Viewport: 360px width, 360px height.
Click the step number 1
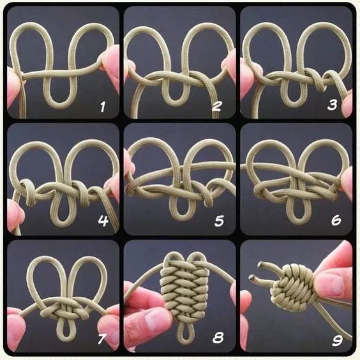(x=103, y=107)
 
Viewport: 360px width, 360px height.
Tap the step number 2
(x=217, y=106)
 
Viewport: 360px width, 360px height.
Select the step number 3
(x=332, y=105)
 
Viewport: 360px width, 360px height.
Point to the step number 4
(x=103, y=221)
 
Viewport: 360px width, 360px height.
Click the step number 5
(x=219, y=221)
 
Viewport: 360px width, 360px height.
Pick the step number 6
(x=336, y=220)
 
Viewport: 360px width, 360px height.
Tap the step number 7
(x=101, y=339)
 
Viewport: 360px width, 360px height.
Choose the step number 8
(x=218, y=338)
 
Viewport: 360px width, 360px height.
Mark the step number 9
(x=337, y=340)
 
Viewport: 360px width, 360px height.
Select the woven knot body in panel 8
(x=184, y=293)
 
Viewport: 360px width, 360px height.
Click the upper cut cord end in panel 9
(x=260, y=264)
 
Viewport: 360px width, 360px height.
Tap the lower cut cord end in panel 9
(x=251, y=277)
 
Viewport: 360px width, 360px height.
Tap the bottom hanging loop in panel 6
(x=298, y=221)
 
